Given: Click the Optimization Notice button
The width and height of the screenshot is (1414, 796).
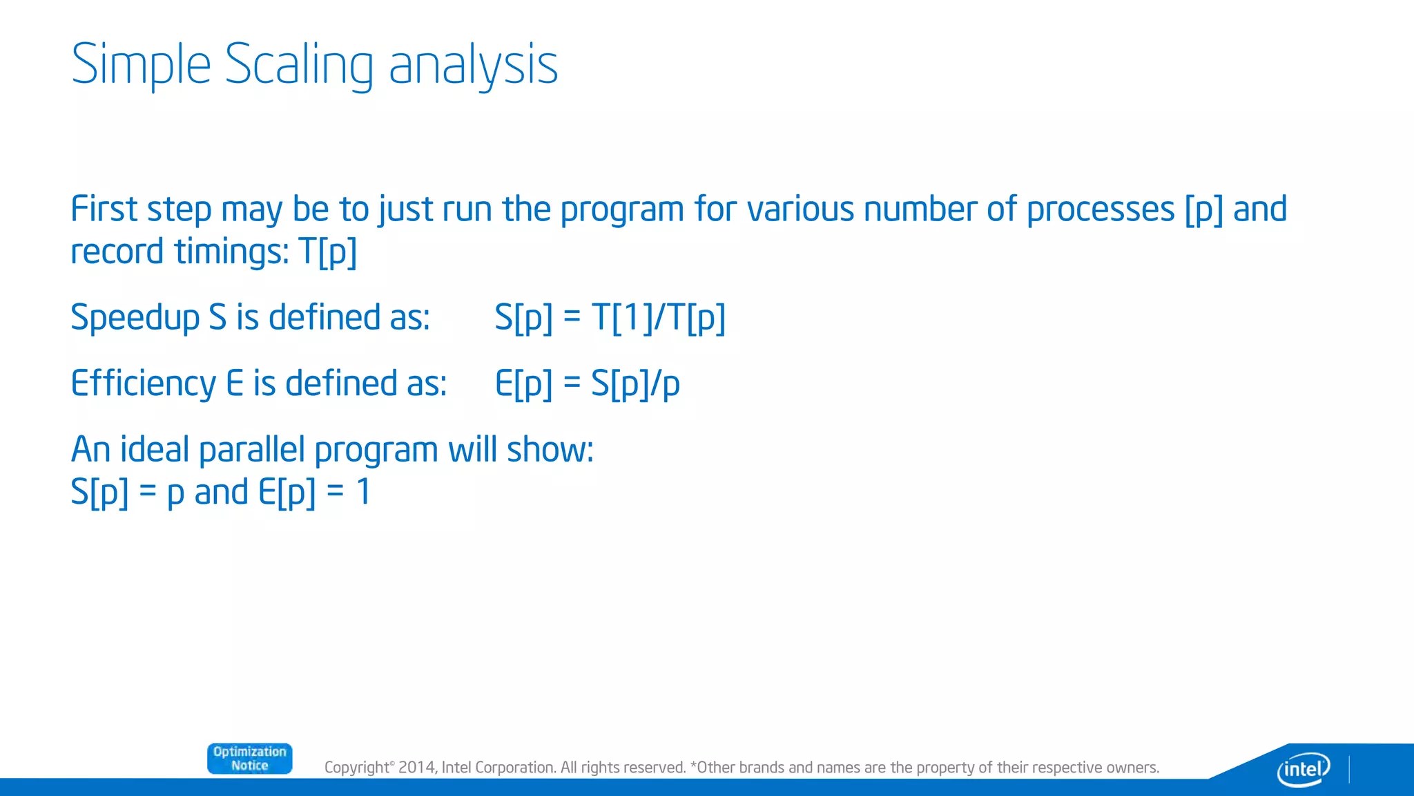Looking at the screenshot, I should point(249,759).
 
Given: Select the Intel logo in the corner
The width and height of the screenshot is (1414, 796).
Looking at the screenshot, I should point(1303,768).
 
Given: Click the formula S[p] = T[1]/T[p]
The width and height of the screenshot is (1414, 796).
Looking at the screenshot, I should point(610,318).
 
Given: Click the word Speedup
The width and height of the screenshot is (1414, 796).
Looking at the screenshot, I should point(135,318).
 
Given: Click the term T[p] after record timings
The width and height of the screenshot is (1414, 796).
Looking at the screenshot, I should point(327,252).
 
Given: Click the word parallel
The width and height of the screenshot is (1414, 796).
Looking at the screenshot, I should point(251,450).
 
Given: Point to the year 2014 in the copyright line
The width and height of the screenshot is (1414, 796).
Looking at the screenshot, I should point(416,768).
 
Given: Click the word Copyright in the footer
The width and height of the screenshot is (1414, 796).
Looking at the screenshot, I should point(357,768).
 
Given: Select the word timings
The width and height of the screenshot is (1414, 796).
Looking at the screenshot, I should point(231,252).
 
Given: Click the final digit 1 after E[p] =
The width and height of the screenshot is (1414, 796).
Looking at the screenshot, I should point(363,493).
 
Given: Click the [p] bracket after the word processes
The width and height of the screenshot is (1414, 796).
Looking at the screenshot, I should point(1203,210).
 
